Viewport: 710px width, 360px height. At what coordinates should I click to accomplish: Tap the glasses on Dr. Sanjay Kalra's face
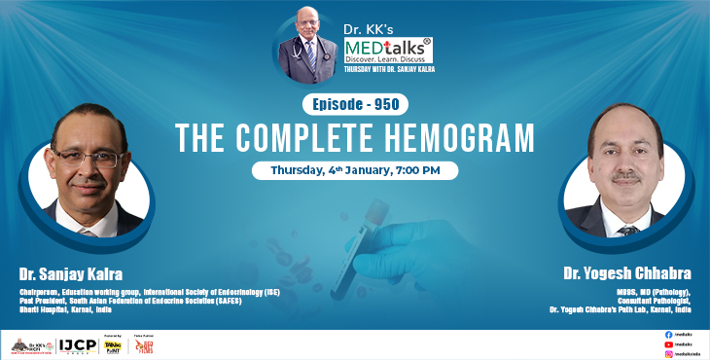coord(89,155)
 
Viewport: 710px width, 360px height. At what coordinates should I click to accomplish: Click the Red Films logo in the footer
coord(144,345)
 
